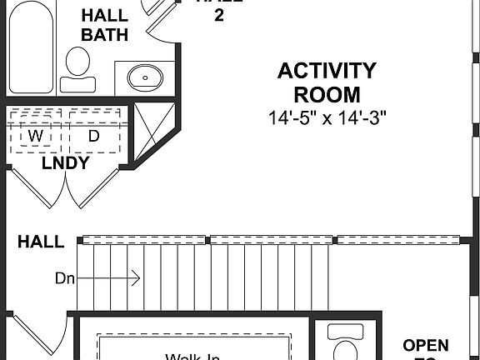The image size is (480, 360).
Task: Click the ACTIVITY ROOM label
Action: click(327, 82)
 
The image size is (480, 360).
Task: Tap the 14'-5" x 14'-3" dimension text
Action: click(327, 118)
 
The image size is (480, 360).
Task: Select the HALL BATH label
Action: click(105, 25)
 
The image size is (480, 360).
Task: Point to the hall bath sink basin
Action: click(145, 77)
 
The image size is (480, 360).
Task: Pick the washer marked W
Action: click(36, 135)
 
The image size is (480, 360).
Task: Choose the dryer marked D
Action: click(94, 135)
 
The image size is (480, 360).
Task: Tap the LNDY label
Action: click(65, 163)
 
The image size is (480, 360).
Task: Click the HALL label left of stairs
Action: click(41, 242)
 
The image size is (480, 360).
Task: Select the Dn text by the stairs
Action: click(65, 278)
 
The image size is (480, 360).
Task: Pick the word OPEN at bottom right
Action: click(426, 345)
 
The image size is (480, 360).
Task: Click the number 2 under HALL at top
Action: click(219, 16)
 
